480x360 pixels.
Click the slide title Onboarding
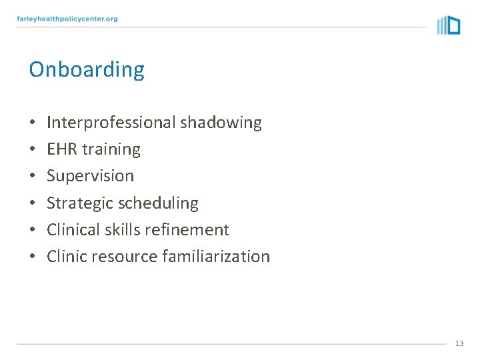tap(87, 69)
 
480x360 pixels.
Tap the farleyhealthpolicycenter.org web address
tap(67, 19)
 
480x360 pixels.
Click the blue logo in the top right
tap(449, 25)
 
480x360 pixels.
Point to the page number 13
tap(459, 343)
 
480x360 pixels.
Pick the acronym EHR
tap(62, 149)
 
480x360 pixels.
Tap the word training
tap(111, 150)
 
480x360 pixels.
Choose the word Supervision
tap(90, 176)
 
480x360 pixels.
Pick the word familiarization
tap(216, 257)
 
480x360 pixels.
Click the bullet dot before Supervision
tap(33, 177)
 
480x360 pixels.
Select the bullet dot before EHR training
tap(33, 150)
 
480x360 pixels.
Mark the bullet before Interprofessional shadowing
tap(33, 123)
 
